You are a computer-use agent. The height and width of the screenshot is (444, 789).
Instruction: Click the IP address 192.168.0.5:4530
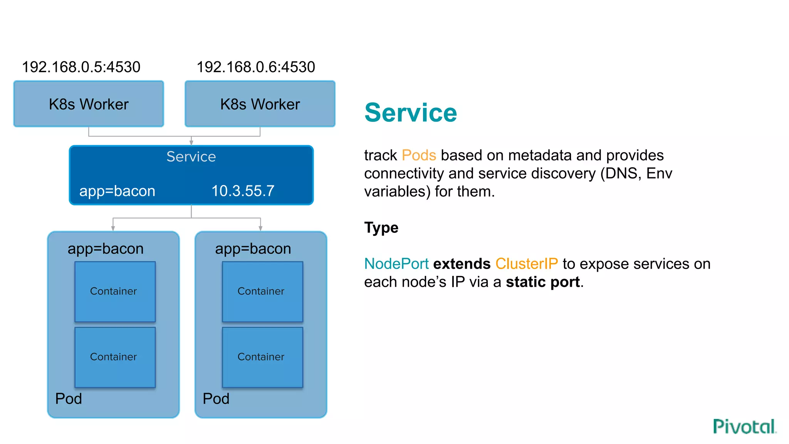tap(81, 67)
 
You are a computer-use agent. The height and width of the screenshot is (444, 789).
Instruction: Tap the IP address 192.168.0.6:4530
tap(256, 67)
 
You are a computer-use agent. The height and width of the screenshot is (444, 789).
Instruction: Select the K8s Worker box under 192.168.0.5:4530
tap(89, 104)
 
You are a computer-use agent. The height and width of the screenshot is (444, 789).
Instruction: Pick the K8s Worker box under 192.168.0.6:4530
tap(260, 104)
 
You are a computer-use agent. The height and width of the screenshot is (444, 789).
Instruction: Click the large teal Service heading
tap(411, 113)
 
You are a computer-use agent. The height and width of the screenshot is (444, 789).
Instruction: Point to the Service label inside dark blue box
tap(191, 157)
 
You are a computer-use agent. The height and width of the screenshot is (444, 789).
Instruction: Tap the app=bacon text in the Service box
tap(117, 191)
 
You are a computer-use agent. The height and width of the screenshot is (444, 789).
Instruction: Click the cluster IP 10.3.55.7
tap(243, 191)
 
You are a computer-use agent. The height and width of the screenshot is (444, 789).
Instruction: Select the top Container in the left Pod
tap(115, 291)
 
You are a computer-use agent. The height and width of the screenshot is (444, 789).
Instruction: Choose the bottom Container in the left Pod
tap(115, 357)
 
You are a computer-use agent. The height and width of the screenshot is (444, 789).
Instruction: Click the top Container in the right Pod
tap(262, 291)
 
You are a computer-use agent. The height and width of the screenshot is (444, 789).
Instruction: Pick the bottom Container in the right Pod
tap(262, 357)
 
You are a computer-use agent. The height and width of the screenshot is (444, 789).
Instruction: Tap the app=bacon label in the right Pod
tap(253, 249)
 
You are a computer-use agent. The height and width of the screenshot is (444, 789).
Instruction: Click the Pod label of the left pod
tap(69, 399)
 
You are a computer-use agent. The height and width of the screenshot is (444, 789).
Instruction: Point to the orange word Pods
tap(419, 155)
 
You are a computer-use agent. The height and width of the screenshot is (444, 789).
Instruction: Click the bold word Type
tap(381, 228)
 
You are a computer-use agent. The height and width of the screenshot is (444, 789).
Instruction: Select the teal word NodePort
tap(396, 264)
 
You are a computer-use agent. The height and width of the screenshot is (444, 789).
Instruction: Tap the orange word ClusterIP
tap(526, 264)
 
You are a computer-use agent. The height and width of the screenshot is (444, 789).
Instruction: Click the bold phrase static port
tap(543, 282)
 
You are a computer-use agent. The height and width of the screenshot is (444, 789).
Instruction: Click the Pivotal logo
tap(744, 427)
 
